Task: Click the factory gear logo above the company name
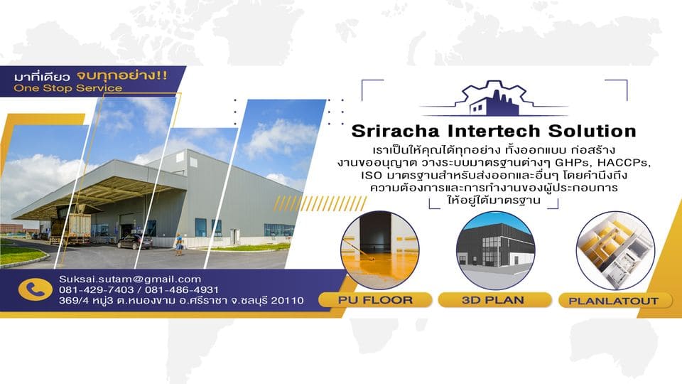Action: coord(494,99)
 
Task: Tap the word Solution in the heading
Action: coord(591,132)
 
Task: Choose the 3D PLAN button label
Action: coord(494,299)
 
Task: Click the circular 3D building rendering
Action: coord(494,249)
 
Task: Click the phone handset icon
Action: coord(31,289)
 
